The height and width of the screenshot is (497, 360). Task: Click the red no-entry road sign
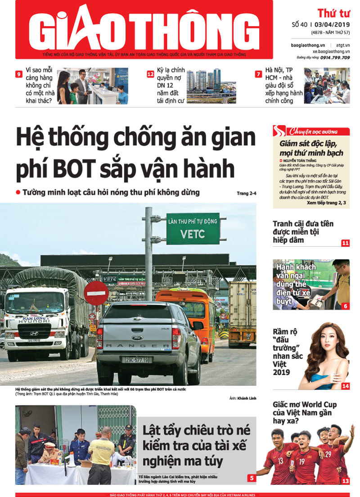click(96, 293)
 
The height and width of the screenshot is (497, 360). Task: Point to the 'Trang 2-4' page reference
click(246, 194)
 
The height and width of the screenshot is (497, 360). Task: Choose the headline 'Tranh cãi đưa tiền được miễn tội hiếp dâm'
click(303, 231)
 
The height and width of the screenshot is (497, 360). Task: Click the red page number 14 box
click(345, 386)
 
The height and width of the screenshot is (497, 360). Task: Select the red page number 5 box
click(252, 478)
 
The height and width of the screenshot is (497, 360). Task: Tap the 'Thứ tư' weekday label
click(334, 13)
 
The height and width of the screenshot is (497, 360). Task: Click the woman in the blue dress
click(326, 360)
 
